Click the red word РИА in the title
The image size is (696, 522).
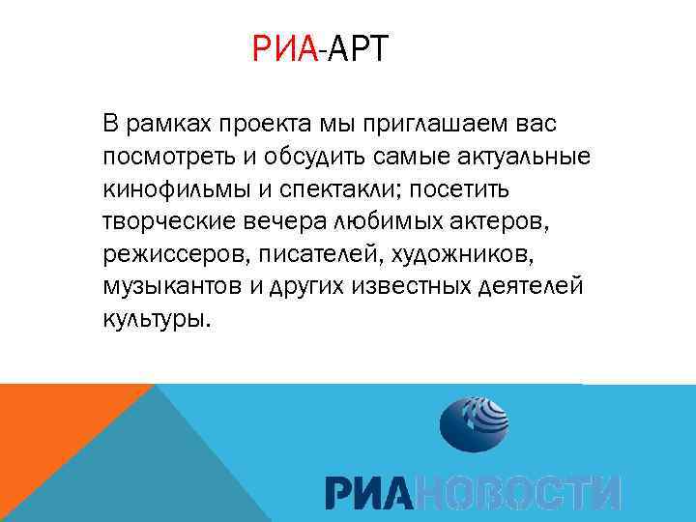tap(284, 48)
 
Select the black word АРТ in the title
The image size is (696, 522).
tap(357, 48)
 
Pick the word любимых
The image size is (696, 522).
tap(378, 220)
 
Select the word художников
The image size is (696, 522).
tap(456, 253)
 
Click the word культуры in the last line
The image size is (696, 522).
tap(154, 318)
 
